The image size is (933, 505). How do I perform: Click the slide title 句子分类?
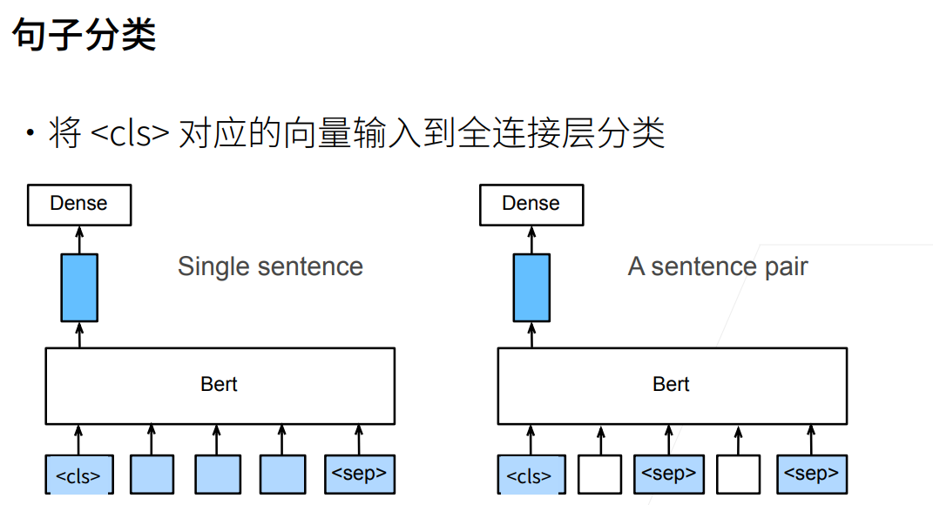click(x=84, y=36)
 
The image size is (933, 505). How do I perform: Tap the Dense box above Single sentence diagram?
click(x=79, y=205)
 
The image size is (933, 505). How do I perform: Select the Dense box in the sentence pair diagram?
click(x=531, y=205)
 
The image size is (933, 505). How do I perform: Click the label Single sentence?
click(x=270, y=266)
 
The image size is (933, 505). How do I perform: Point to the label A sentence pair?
click(x=718, y=266)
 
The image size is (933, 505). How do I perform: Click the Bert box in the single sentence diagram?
click(x=220, y=385)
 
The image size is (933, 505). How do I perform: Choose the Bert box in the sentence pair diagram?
click(x=672, y=385)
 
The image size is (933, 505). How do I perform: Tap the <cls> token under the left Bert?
click(x=79, y=475)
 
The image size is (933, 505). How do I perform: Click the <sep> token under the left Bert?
click(x=359, y=474)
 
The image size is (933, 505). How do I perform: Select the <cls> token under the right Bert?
click(x=531, y=475)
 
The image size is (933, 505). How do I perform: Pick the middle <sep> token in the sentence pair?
click(x=668, y=474)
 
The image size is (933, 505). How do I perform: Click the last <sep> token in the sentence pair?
click(x=811, y=474)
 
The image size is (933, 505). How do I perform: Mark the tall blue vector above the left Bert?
click(x=79, y=287)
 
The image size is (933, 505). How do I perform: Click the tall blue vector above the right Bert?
click(x=531, y=287)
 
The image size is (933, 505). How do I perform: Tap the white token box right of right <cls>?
click(x=600, y=475)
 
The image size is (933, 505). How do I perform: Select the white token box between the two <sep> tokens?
click(x=738, y=475)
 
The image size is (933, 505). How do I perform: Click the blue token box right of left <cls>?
click(x=152, y=475)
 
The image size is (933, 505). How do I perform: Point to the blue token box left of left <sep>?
click(x=282, y=475)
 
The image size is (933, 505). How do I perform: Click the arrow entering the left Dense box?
click(x=79, y=239)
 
